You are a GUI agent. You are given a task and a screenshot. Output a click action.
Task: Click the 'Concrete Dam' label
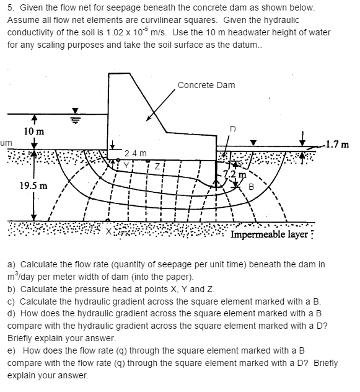pos(206,85)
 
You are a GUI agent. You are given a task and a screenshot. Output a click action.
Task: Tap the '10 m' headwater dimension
pos(33,131)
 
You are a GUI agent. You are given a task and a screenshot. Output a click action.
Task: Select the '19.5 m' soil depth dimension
pos(32,185)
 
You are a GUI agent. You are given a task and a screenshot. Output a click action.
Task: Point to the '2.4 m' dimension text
pos(135,153)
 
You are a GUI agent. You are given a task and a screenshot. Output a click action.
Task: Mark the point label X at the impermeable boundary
pos(109,231)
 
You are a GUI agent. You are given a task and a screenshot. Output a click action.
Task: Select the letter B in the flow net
pos(251,187)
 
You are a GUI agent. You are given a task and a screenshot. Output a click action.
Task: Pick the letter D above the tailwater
pos(233,129)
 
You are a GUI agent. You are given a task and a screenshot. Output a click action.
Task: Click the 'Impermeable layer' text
pos(268,234)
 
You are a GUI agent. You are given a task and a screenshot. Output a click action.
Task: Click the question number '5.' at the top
pos(12,9)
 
